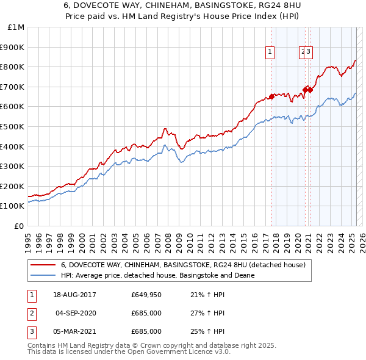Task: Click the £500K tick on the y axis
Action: [x=13, y=126]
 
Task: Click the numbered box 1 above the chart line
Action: [x=270, y=52]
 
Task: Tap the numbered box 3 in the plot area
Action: [x=309, y=52]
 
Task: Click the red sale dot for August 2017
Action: [x=271, y=96]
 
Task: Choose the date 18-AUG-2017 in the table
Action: [x=75, y=295]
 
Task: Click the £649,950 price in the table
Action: [x=146, y=295]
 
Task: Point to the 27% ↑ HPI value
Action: [x=207, y=314]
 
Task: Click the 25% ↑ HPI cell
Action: [x=207, y=331]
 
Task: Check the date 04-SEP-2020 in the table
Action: [x=76, y=314]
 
